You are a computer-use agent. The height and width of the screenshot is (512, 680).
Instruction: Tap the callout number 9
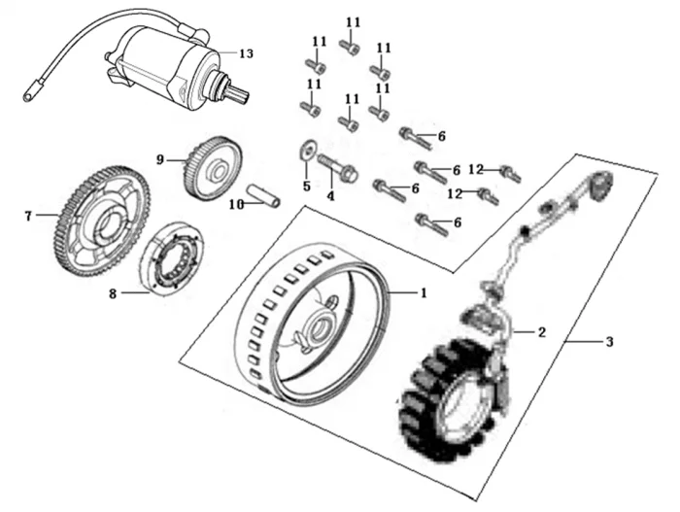click(x=162, y=157)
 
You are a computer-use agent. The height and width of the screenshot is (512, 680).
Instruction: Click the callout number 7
click(x=28, y=216)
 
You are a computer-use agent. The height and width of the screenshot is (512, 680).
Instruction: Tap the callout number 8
click(x=113, y=293)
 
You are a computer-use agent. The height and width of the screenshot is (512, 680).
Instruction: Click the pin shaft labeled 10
click(x=263, y=195)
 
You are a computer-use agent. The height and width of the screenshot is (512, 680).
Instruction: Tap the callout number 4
click(x=330, y=195)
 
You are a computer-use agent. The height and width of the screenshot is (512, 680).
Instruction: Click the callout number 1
click(x=423, y=291)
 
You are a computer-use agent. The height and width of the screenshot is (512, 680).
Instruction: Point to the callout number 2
click(x=542, y=332)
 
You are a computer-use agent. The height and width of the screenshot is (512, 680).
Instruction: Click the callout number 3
click(x=609, y=341)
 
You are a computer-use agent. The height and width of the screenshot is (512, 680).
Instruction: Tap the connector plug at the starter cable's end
click(x=30, y=95)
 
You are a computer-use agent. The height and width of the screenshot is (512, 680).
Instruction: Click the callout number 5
click(x=305, y=185)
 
